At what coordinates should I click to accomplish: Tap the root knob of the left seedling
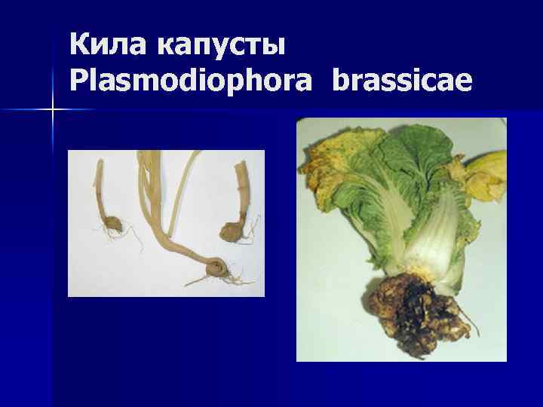(113, 225)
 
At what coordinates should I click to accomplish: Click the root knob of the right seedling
(232, 229)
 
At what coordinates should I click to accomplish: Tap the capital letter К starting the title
(78, 45)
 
